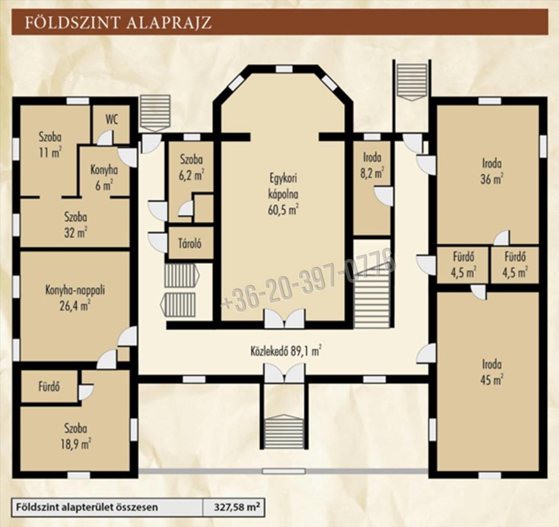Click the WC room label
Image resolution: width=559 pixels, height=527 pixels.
[x=112, y=120]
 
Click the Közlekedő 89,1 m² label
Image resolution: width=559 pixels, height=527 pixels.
[x=285, y=352]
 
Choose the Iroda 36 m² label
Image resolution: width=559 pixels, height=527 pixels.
[x=491, y=171]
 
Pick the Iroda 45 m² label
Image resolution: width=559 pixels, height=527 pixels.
[x=491, y=372]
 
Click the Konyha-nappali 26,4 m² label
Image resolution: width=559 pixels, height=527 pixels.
[x=75, y=298]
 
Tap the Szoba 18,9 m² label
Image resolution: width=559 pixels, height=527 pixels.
[x=75, y=436]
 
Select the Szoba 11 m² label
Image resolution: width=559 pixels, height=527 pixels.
[x=50, y=145]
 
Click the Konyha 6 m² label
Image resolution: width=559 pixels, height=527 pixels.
[x=104, y=177]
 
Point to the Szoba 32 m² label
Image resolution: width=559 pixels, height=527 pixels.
[x=75, y=225]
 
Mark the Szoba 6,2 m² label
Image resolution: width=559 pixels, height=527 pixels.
[x=191, y=167]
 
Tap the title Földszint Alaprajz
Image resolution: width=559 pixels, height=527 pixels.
[x=118, y=22]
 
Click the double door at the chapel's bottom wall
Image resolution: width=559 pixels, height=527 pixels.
[x=284, y=318]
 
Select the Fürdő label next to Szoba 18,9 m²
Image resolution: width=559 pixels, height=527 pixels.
[x=49, y=386]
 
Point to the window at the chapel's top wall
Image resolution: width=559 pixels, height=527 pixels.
[x=284, y=69]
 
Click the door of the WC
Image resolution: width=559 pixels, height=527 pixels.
[x=105, y=138]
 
